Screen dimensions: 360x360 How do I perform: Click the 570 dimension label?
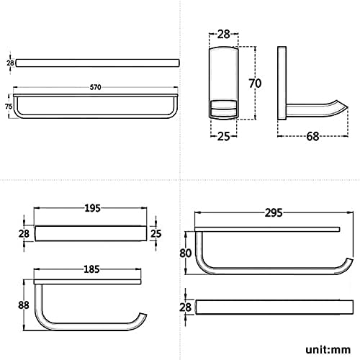[95, 87]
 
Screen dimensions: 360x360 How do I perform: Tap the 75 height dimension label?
[9, 106]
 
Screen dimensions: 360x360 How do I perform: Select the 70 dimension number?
[255, 84]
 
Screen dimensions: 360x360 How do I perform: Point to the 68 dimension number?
[312, 136]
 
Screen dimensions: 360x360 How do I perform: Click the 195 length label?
[92, 208]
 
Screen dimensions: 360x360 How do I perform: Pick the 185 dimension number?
[91, 269]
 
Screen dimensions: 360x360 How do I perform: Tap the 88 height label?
[24, 305]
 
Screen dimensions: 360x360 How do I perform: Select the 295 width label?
[274, 212]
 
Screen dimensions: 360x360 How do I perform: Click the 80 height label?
[185, 253]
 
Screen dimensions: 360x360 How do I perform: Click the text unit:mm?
[328, 350]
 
